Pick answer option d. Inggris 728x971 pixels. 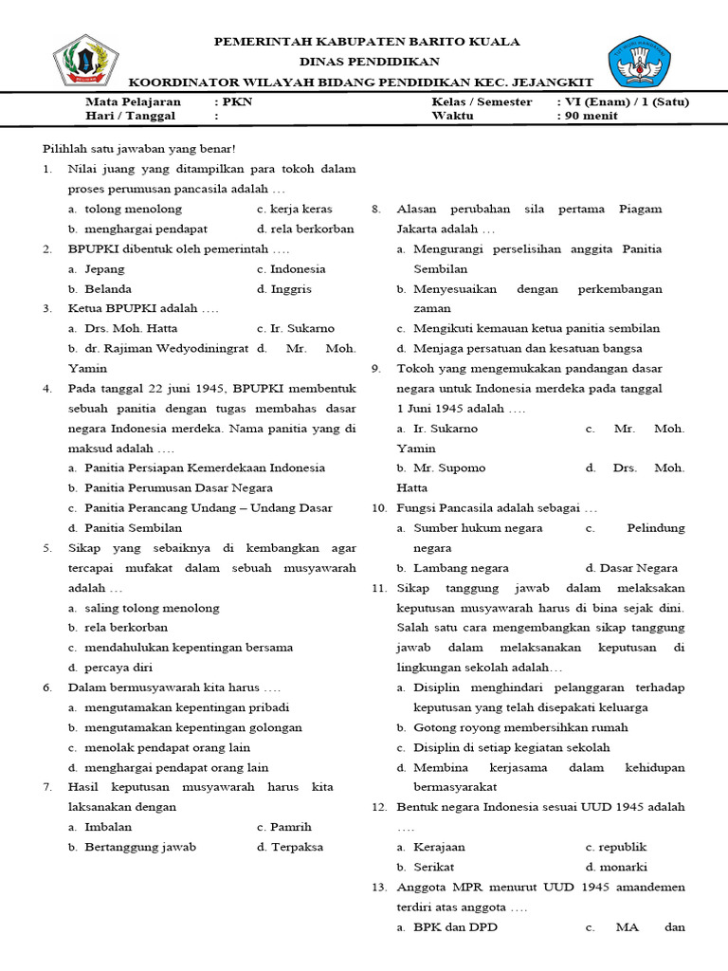(x=284, y=288)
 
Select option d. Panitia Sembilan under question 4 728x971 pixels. (x=124, y=527)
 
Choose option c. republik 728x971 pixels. (x=616, y=847)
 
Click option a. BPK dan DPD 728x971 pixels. (x=446, y=926)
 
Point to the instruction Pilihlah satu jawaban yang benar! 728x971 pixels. (x=139, y=149)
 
